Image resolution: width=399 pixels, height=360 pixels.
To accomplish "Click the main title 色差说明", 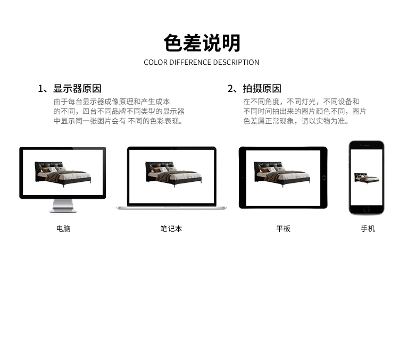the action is click(202, 43).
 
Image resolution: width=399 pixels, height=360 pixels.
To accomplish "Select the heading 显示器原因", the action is click(77, 88).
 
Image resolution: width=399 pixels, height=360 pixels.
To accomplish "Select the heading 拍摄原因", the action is click(262, 88).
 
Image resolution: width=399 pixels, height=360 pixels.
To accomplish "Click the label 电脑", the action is click(63, 229).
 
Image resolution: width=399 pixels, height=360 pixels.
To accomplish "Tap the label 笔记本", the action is click(171, 229).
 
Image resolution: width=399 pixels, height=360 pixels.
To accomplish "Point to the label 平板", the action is click(283, 229).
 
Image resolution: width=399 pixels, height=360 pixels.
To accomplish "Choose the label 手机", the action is click(368, 229).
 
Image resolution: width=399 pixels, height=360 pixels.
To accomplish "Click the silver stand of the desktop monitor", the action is click(63, 206).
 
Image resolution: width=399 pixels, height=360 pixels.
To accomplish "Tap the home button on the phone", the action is click(367, 210).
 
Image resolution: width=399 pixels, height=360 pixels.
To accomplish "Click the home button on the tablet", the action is click(324, 178).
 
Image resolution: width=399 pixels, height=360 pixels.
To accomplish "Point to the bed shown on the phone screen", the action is click(367, 177).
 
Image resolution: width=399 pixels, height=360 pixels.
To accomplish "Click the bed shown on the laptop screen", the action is click(173, 174).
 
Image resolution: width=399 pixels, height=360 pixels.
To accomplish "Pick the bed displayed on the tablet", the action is click(281, 174).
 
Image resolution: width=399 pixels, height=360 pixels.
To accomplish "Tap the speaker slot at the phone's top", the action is click(367, 145).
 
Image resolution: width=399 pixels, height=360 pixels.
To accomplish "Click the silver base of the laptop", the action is click(171, 208).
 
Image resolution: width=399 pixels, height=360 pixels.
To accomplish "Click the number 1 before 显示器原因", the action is click(40, 89).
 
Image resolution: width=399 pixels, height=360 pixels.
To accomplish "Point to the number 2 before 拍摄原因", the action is click(230, 89).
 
